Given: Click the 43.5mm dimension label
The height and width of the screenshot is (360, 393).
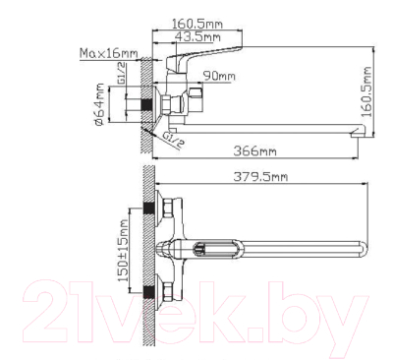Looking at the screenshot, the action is pos(197,36).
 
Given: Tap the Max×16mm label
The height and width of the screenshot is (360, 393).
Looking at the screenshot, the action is pos(109,53).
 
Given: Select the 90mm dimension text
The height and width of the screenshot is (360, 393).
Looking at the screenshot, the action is pos(219,76).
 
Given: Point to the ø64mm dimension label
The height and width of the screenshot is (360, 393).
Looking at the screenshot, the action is pos(99,104).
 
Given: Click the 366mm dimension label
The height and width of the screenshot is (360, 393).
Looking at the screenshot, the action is pos(254,151).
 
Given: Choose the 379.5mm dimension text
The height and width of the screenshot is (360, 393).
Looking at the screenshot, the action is pos(260,177).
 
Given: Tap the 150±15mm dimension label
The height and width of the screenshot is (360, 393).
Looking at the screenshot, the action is pos(123,251).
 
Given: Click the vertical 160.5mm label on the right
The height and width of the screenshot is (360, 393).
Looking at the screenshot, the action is pos(366,92).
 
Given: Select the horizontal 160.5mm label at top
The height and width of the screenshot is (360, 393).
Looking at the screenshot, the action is pos(197,24).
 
